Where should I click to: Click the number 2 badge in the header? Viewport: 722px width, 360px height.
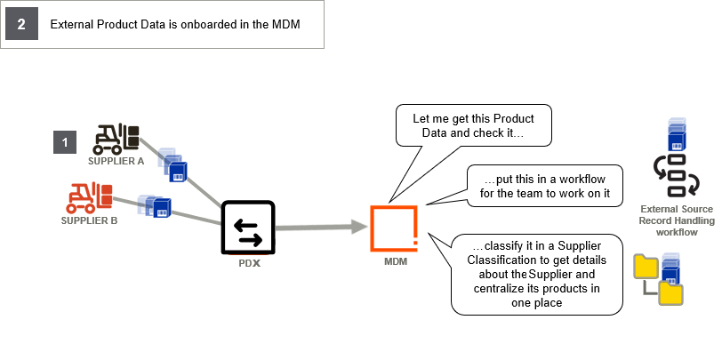[21, 25]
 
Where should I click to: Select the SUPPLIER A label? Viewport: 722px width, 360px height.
[116, 162]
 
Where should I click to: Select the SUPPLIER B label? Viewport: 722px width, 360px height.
[89, 220]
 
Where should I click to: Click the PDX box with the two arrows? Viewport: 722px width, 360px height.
[248, 226]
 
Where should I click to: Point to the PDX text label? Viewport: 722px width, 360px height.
[248, 264]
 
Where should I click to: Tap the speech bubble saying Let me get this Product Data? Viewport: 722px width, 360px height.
[473, 126]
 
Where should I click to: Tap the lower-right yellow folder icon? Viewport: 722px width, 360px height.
[670, 294]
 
